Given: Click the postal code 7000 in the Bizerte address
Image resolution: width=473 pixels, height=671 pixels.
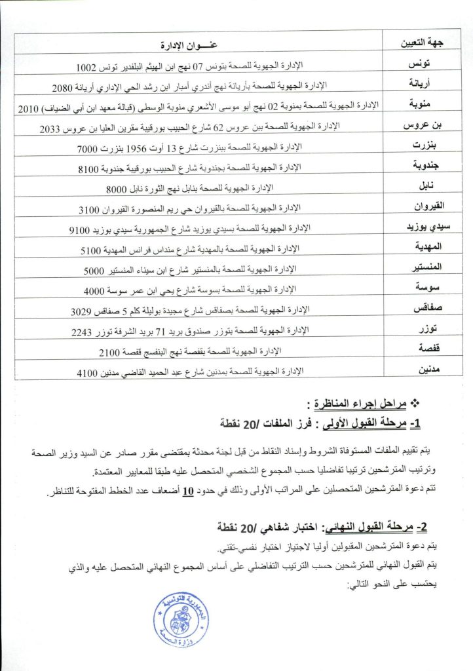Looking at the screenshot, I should pyautogui.click(x=87, y=148).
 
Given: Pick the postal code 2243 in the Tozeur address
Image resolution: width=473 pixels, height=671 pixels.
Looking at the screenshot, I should pyautogui.click(x=82, y=332).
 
